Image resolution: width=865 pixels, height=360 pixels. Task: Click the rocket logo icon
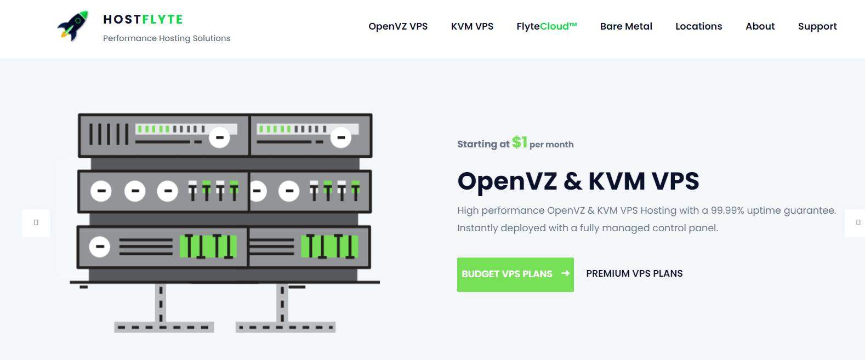(73, 26)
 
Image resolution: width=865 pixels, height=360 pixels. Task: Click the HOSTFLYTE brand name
(143, 19)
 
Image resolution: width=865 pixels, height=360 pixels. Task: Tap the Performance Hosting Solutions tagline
(167, 38)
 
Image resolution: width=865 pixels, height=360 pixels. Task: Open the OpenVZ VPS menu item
(398, 26)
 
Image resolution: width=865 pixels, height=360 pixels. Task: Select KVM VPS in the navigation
(472, 26)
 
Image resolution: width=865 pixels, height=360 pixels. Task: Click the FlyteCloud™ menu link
(547, 26)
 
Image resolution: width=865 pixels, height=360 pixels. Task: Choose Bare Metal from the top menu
(626, 26)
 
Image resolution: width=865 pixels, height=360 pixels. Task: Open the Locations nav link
(698, 26)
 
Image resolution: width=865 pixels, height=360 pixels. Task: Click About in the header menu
(760, 26)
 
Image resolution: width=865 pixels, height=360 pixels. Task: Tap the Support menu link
(817, 27)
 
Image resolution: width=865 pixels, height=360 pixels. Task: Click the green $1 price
(520, 142)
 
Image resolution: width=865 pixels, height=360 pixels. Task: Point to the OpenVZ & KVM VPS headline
(578, 181)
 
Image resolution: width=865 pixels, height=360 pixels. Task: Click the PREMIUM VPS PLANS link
(634, 273)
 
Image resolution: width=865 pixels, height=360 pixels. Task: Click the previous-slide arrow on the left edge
(36, 222)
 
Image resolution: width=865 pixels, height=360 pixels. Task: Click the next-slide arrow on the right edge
(858, 222)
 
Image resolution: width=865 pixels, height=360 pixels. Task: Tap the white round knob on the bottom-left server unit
(100, 247)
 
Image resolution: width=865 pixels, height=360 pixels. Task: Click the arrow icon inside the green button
(565, 273)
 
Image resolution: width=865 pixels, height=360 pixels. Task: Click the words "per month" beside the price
(551, 145)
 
